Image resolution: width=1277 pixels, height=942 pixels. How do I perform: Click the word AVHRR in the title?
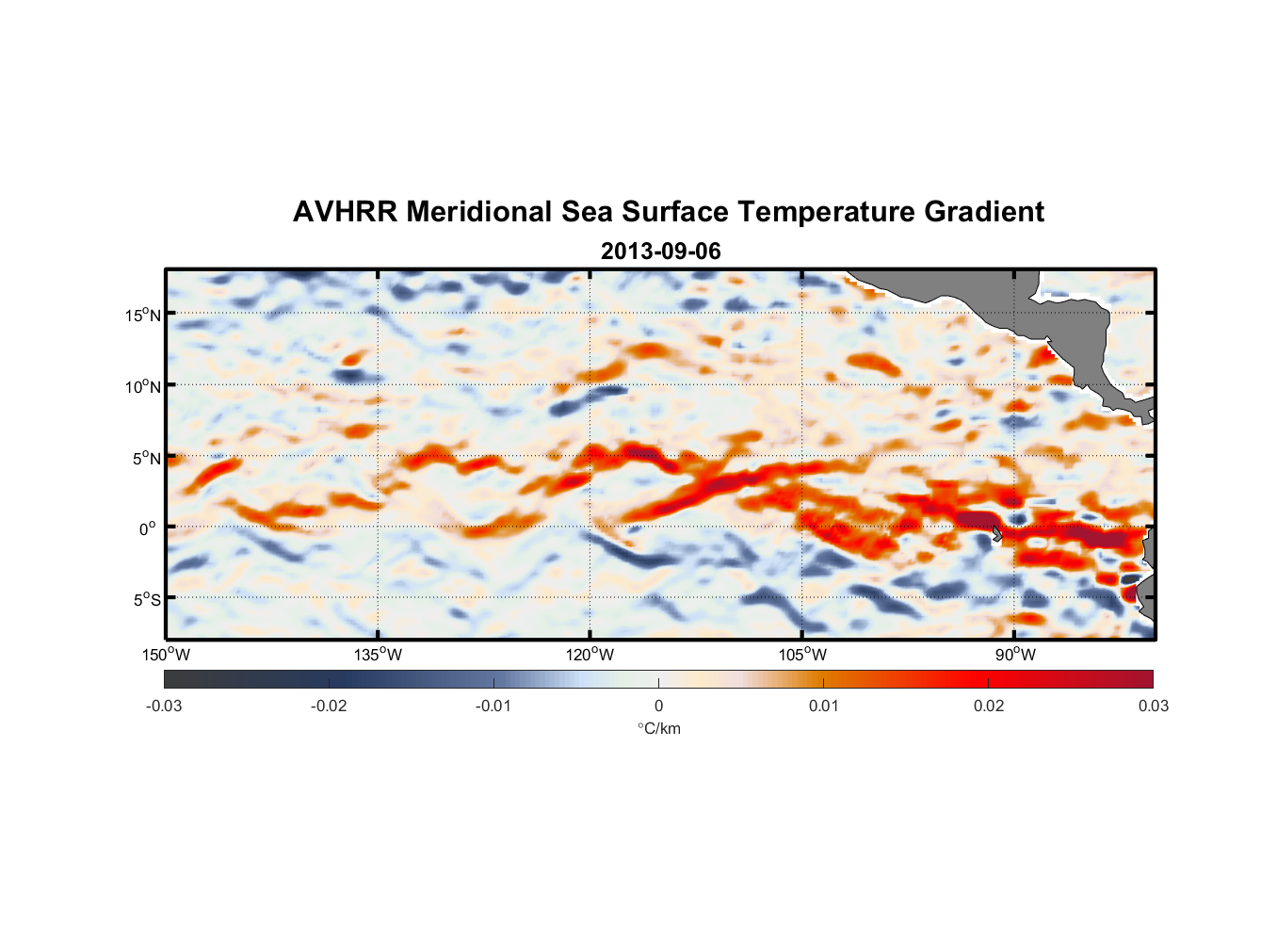(345, 212)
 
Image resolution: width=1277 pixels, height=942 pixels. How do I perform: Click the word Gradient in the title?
(984, 212)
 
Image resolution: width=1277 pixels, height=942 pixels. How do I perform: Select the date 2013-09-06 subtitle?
(661, 252)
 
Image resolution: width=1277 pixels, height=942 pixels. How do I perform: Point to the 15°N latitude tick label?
(143, 315)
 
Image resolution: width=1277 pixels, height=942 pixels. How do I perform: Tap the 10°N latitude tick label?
(143, 386)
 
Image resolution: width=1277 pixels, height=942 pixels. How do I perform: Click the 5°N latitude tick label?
(146, 458)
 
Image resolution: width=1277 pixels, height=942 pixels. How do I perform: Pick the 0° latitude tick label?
(148, 528)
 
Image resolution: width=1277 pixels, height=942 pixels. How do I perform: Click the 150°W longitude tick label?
(166, 655)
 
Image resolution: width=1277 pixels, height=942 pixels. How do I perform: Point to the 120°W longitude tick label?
(590, 655)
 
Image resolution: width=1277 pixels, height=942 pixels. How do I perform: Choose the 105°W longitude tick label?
(802, 655)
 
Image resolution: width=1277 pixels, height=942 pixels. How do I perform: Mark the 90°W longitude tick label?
(1015, 655)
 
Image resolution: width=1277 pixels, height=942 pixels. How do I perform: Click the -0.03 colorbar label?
(164, 706)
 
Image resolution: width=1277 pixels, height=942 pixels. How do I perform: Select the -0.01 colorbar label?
(493, 706)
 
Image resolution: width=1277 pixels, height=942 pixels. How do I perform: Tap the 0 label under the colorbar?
(658, 706)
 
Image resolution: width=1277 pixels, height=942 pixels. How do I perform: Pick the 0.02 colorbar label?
(989, 706)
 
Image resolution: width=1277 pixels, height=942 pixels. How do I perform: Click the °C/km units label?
(658, 728)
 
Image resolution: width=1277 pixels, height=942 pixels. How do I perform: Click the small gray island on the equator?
(996, 533)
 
